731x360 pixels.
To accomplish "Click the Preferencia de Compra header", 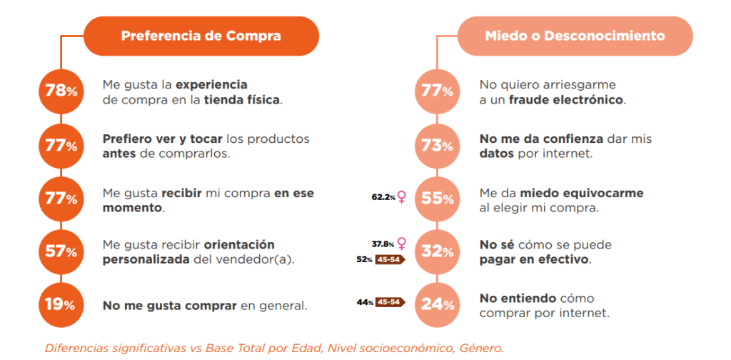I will click(201, 36).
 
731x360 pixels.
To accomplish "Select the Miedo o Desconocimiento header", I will click(575, 36).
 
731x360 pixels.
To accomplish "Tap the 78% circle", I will click(61, 91).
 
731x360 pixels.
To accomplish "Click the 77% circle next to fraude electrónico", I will click(436, 91).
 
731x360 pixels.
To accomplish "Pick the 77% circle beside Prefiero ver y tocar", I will click(61, 146).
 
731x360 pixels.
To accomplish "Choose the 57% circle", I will click(61, 251).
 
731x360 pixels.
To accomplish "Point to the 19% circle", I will click(61, 304).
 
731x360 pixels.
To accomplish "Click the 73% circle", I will click(436, 146).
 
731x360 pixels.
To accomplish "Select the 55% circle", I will click(436, 199).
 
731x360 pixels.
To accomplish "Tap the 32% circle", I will click(436, 251).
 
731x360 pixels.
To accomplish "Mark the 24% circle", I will click(436, 304).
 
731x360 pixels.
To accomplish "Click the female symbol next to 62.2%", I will click(402, 197).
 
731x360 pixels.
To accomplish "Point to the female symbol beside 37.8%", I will click(401, 243).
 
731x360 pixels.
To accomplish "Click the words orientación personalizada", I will click(188, 251).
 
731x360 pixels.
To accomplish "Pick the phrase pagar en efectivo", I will click(535, 259).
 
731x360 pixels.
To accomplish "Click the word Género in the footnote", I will click(480, 349).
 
